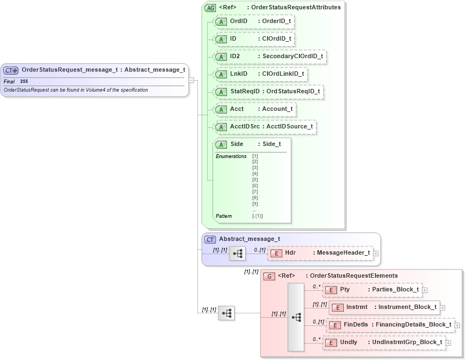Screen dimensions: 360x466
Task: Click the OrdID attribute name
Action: [x=238, y=21]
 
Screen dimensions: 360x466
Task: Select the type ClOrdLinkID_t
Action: [x=283, y=74]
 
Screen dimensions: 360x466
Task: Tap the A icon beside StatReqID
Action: [x=221, y=92]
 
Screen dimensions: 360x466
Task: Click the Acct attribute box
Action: [x=254, y=109]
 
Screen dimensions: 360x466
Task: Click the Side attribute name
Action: [x=237, y=144]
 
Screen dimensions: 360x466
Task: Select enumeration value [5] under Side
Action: [x=255, y=179]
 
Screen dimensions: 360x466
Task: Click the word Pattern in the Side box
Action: [x=224, y=216]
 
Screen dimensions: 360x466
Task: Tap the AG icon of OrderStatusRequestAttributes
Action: [x=210, y=8]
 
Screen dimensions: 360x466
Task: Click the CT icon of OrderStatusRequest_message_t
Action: [x=11, y=70]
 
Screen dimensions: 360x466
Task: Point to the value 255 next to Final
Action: [x=24, y=81]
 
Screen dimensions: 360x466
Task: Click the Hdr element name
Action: [x=291, y=253]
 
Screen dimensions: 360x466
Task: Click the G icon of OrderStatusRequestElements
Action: [x=269, y=276]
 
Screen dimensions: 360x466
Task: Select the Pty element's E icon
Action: [x=331, y=290]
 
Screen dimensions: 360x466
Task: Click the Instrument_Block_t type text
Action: [x=407, y=307]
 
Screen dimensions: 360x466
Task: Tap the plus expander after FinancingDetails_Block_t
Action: [x=457, y=325]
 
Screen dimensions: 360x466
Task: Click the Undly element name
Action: [x=348, y=342]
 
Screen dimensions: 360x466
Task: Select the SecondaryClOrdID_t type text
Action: [x=292, y=57]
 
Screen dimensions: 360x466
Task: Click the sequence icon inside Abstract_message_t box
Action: [x=237, y=254]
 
